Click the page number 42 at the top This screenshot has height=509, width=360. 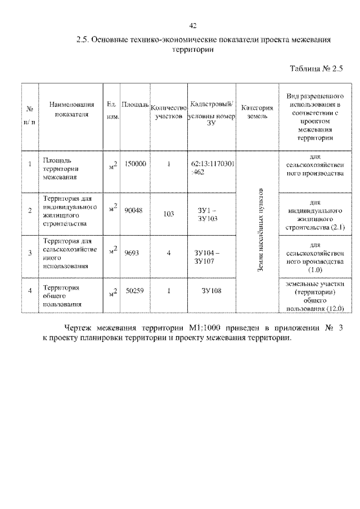(x=193, y=25)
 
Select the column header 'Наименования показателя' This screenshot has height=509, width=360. (x=70, y=109)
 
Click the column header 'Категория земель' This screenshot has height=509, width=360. (x=256, y=111)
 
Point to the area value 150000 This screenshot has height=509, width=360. (x=135, y=164)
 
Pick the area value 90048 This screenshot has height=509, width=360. (x=134, y=210)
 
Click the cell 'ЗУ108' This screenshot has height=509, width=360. (x=211, y=291)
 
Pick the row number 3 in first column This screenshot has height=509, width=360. (x=30, y=253)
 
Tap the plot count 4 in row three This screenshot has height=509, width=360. (x=169, y=253)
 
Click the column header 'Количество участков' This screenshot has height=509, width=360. (x=169, y=111)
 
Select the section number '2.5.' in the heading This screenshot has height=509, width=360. (x=84, y=40)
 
